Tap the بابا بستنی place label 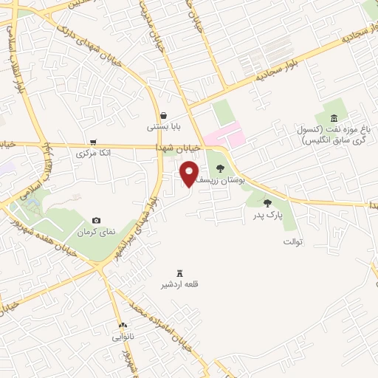(162, 126)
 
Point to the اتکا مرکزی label (94, 154)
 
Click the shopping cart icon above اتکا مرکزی (93, 142)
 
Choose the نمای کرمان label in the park (98, 232)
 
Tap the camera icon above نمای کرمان (96, 221)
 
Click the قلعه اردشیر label (181, 284)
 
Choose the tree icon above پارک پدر (267, 203)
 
